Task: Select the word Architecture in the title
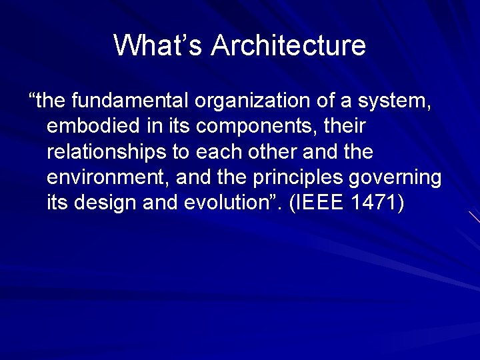click(x=289, y=46)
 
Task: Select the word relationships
click(x=107, y=153)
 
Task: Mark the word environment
click(x=102, y=178)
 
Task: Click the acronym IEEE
click(x=328, y=203)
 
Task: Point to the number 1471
click(x=374, y=203)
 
